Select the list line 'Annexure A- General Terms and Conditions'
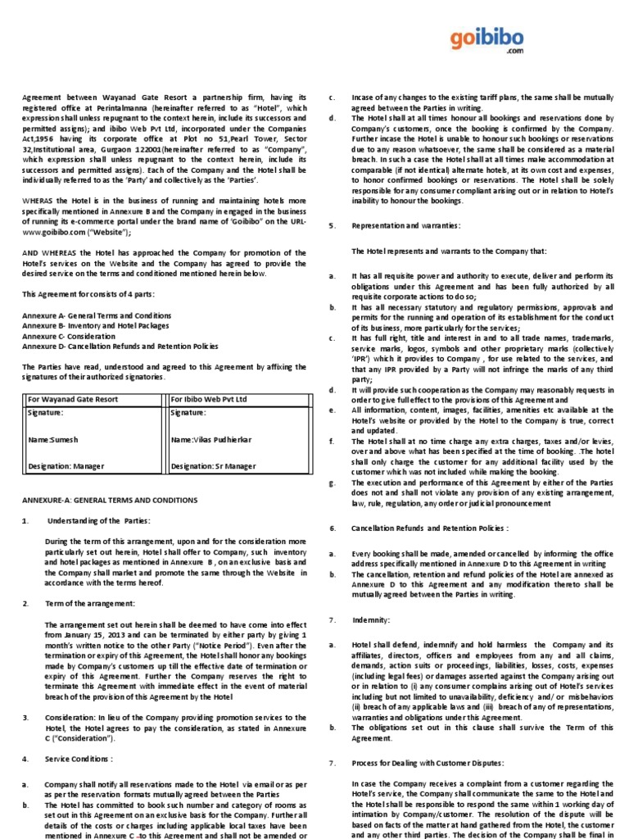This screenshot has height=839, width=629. [97, 315]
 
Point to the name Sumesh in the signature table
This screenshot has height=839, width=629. [64, 440]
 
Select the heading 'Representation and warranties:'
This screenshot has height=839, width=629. [405, 224]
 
